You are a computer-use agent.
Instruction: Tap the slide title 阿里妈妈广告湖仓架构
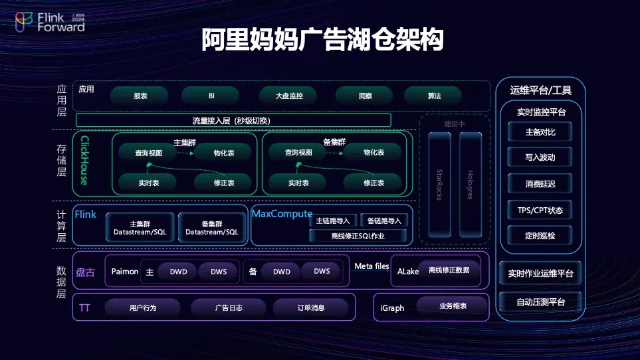pos(322,40)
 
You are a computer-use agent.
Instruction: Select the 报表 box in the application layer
pos(140,96)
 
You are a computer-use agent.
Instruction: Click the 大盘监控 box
pos(288,96)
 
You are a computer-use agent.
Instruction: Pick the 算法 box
pos(434,96)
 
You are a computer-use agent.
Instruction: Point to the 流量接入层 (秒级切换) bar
pos(233,120)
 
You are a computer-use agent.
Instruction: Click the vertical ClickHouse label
pos(84,161)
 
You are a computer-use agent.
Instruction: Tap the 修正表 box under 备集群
pos(373,183)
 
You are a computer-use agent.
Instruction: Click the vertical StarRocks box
pos(439,185)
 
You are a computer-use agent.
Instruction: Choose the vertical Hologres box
pos(470,185)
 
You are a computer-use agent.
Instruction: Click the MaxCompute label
pos(282,214)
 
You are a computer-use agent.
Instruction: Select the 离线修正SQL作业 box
pos(358,235)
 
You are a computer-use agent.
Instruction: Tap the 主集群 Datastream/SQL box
pos(140,228)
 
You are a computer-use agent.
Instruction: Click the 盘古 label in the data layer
pos(86,272)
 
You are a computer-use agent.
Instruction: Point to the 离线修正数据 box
pos(449,270)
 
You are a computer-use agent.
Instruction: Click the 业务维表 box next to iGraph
pos(453,306)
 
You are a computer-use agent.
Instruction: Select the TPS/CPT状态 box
pos(540,211)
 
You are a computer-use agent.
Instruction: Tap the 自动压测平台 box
pos(540,302)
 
